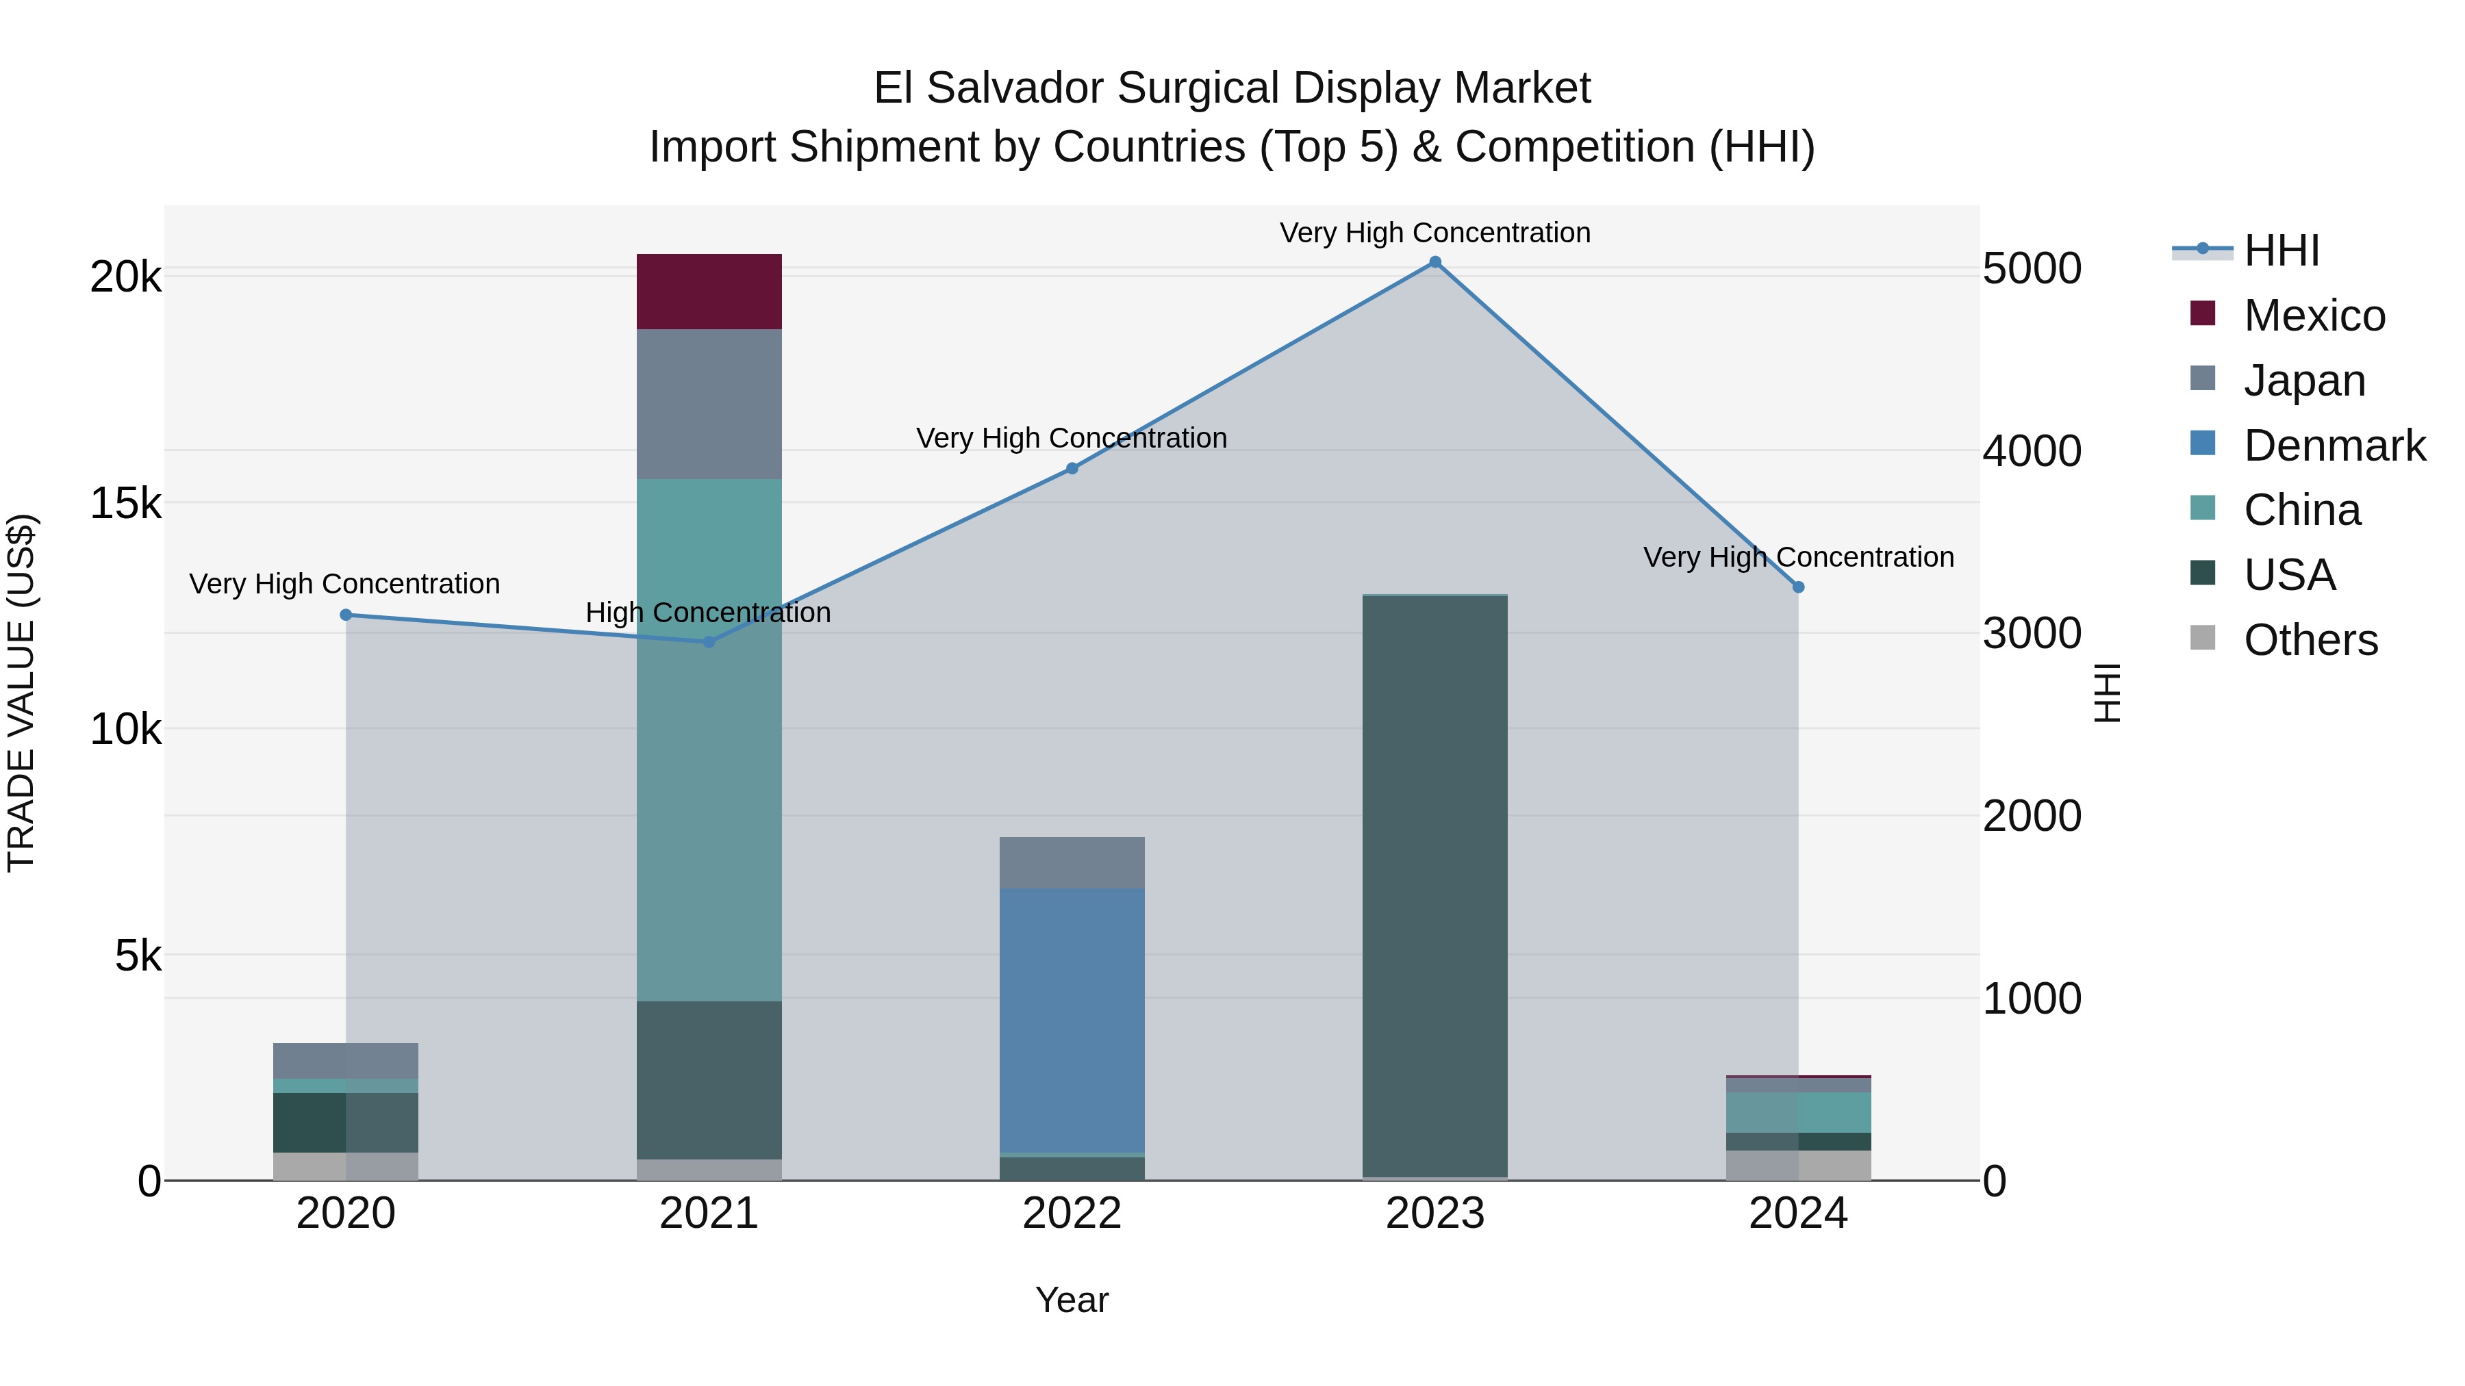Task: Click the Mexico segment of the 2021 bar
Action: pyautogui.click(x=709, y=292)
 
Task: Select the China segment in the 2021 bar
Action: pyautogui.click(x=709, y=739)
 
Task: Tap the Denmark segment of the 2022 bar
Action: pyautogui.click(x=1072, y=1020)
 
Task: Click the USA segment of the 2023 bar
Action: pyautogui.click(x=1434, y=885)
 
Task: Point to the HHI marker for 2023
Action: pyautogui.click(x=1434, y=262)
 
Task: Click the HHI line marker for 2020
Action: pyautogui.click(x=346, y=615)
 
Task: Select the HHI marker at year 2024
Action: pyautogui.click(x=1798, y=587)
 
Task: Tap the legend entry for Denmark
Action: pyautogui.click(x=2333, y=446)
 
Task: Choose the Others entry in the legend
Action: pyautogui.click(x=2310, y=640)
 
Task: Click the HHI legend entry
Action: pyautogui.click(x=2280, y=251)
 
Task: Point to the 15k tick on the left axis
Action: pyautogui.click(x=125, y=503)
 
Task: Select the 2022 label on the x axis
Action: pyautogui.click(x=1072, y=1214)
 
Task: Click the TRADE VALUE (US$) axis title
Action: pyautogui.click(x=21, y=693)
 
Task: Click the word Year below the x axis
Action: pyautogui.click(x=1072, y=1300)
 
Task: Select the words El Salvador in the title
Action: pyautogui.click(x=989, y=88)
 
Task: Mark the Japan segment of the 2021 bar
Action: pyautogui.click(x=709, y=404)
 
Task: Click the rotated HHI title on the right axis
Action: pyautogui.click(x=2107, y=693)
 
